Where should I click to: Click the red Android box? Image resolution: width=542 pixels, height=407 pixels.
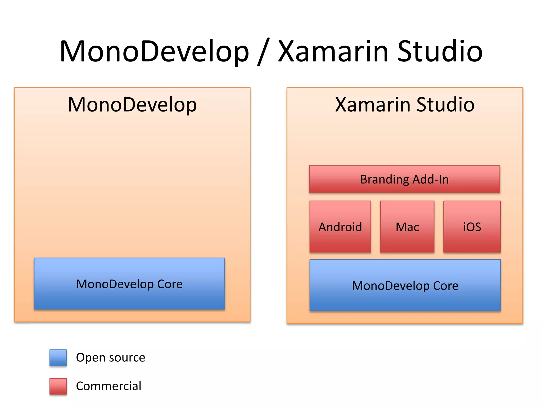340,227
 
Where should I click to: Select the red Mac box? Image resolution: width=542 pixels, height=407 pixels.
407,227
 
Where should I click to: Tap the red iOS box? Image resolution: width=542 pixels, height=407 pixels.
472,227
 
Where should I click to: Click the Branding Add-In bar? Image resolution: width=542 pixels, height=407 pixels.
404,179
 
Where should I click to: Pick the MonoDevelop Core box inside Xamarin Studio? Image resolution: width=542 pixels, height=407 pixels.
405,286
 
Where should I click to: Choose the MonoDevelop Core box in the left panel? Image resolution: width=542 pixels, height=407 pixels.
129,284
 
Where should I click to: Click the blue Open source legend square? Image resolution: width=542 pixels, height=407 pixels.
58,357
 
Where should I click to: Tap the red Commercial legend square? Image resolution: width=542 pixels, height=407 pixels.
58,386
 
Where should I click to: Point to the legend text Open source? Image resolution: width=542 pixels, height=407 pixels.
110,357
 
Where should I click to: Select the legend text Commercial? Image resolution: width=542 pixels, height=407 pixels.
109,386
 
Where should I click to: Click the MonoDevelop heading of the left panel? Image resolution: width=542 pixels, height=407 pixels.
132,105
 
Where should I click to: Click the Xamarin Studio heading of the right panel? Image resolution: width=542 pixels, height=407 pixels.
404,105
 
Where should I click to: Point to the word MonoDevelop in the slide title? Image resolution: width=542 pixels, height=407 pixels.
154,51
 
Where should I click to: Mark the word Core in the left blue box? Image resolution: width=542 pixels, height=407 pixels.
170,284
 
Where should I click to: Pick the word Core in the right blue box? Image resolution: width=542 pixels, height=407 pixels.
445,286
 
